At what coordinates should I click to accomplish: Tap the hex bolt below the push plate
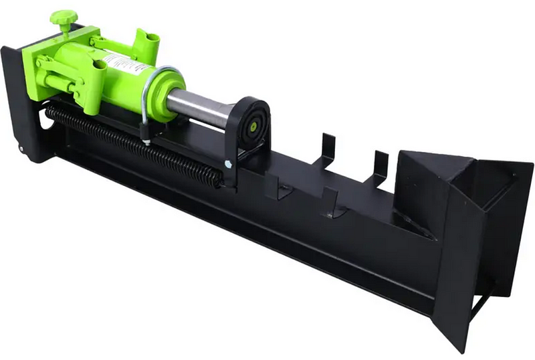[x=229, y=164]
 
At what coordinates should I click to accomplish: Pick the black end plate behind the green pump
[x=17, y=100]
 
